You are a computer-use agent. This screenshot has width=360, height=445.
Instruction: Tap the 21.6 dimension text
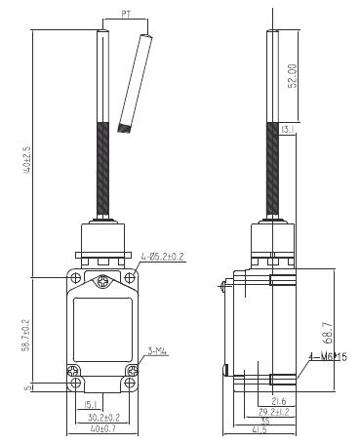tap(278, 401)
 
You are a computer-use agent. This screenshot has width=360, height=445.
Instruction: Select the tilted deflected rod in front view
tap(136, 83)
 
